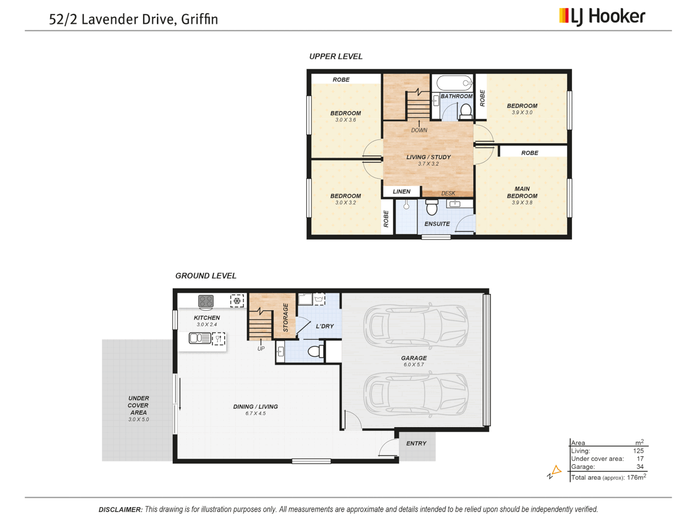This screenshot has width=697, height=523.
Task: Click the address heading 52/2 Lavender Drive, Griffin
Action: click(133, 19)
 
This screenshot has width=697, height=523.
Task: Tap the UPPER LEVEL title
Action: click(335, 57)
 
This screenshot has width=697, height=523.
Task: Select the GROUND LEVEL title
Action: click(206, 276)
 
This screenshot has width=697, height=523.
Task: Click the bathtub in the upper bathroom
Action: click(454, 83)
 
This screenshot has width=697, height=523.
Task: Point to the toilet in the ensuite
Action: click(432, 208)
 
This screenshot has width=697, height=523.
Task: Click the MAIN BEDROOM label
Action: click(522, 192)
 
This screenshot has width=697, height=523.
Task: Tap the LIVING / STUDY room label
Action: click(428, 157)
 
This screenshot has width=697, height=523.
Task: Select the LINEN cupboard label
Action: click(401, 192)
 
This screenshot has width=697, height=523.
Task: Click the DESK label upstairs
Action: click(448, 193)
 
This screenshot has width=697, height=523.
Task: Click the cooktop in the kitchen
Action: click(206, 301)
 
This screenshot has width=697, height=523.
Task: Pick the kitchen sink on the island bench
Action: click(199, 338)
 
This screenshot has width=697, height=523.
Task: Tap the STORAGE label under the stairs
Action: click(286, 318)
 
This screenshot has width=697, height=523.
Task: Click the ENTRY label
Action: click(416, 444)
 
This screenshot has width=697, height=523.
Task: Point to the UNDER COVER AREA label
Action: click(138, 406)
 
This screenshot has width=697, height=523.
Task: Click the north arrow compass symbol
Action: click(555, 471)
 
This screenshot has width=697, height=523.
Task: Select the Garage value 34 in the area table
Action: click(640, 467)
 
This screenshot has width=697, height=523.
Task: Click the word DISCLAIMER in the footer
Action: click(121, 509)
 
